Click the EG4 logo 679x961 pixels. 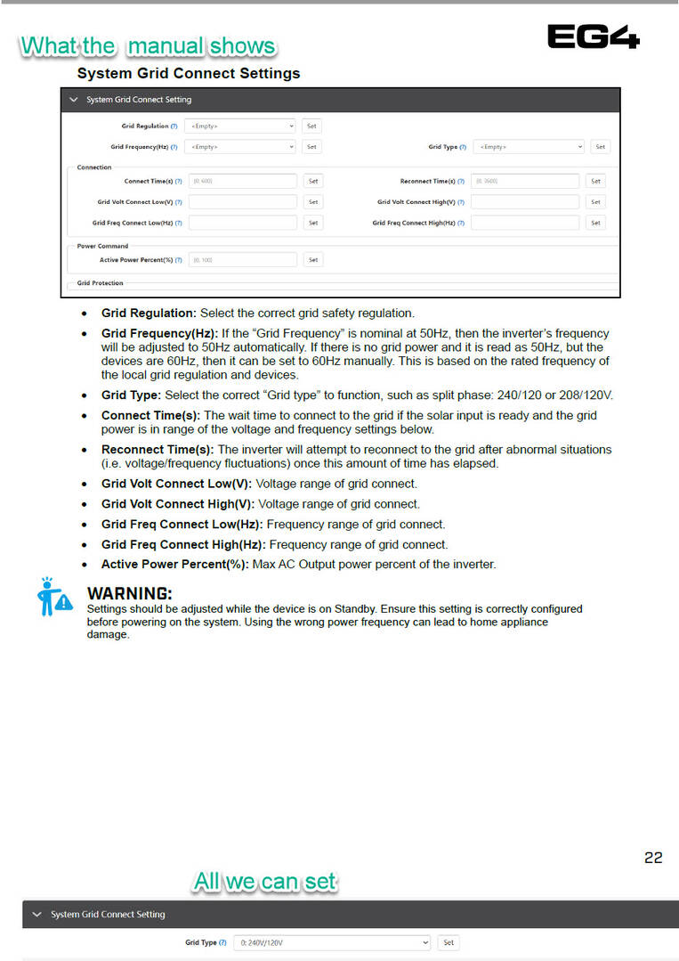coord(593,37)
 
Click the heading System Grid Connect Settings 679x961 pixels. coord(189,73)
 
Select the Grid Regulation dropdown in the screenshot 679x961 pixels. coord(240,126)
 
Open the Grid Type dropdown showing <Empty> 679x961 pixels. coord(529,147)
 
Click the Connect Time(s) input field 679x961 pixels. coord(243,181)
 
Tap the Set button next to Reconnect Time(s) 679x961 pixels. coord(595,181)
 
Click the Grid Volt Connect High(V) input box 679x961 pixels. coord(525,202)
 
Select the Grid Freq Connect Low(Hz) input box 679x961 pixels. coord(243,223)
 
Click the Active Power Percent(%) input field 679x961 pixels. coord(243,260)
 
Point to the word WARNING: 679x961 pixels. coord(129,593)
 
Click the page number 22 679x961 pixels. coord(653,858)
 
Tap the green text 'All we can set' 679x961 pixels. coord(265,883)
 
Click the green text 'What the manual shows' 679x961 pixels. coord(148,46)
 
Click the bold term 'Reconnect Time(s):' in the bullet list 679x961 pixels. coord(158,450)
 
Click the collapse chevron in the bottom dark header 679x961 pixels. coord(36,915)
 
